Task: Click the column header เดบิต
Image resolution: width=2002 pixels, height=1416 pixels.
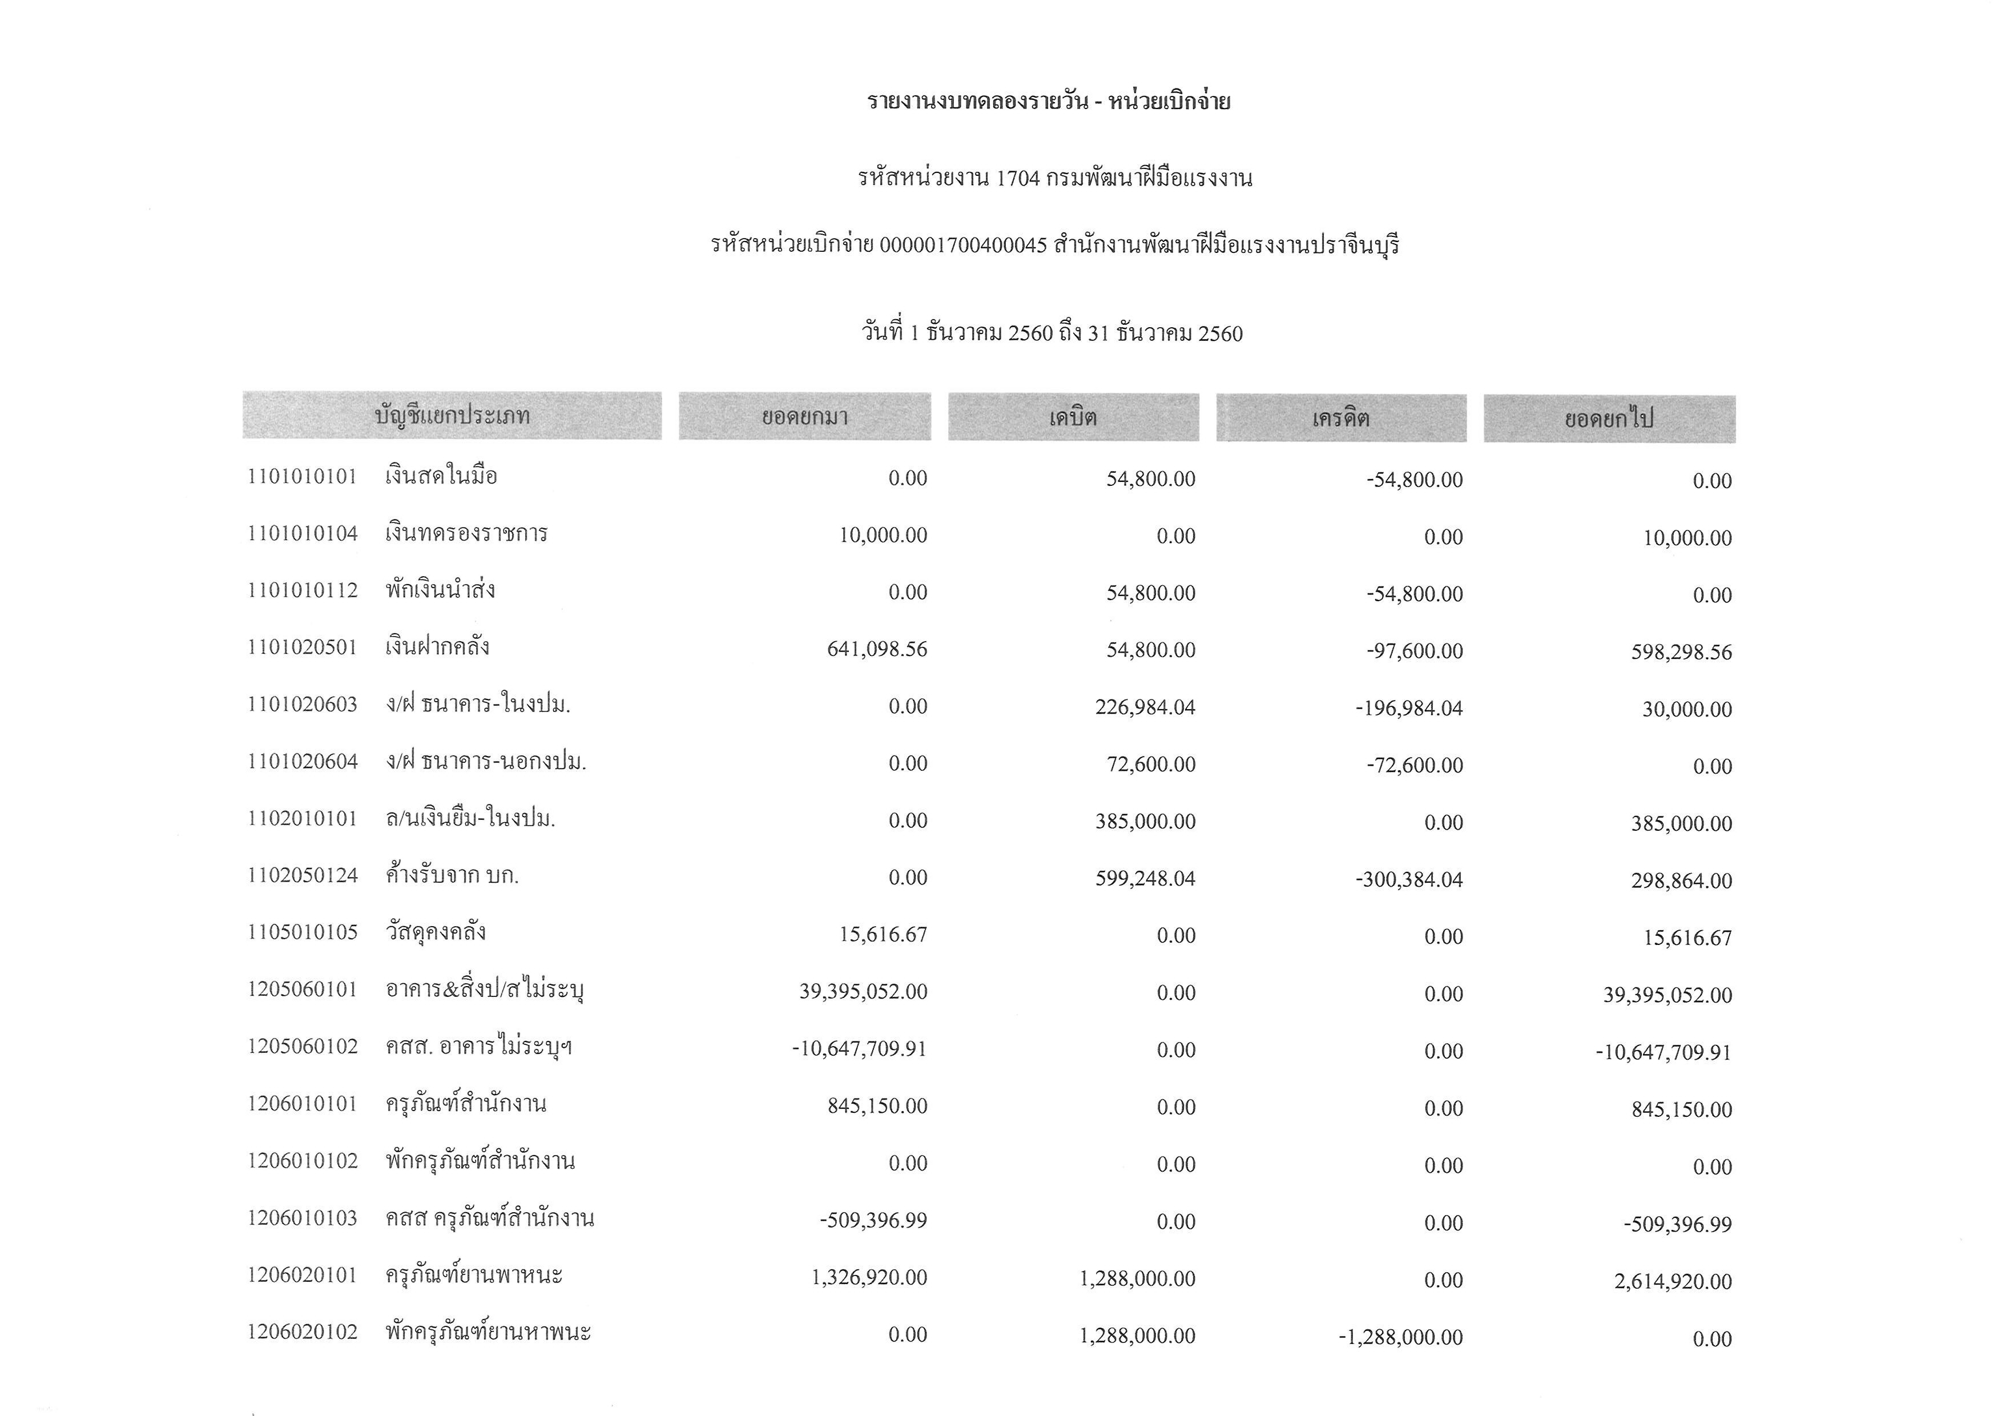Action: click(1073, 417)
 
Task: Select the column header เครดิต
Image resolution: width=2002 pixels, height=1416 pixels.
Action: click(1340, 419)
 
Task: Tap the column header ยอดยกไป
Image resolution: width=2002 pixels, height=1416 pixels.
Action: click(1609, 420)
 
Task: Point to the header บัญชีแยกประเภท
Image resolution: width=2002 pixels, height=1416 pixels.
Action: click(452, 415)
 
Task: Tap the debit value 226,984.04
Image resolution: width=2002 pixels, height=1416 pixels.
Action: click(1145, 707)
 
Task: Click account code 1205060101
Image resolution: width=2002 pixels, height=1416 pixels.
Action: click(303, 989)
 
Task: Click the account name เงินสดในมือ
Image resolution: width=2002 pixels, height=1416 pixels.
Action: click(441, 476)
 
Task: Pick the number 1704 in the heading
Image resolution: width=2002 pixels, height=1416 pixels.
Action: click(1018, 179)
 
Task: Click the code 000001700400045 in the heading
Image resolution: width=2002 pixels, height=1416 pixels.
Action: click(962, 246)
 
